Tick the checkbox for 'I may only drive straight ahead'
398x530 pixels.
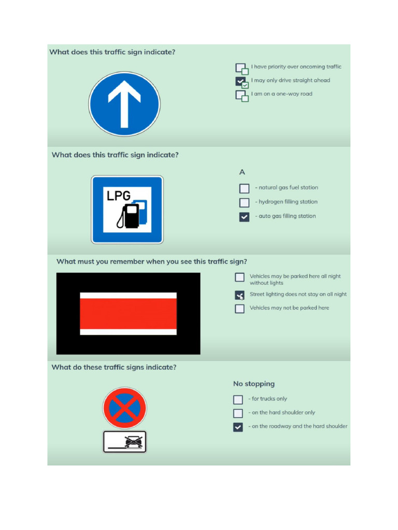pos(241,82)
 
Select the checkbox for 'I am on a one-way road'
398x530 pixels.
pos(241,96)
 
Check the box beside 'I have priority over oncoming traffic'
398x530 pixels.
pos(241,68)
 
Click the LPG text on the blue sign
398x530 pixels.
pos(119,196)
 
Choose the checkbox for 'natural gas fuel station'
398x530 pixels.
pos(244,188)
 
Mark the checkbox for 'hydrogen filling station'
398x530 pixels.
pos(244,202)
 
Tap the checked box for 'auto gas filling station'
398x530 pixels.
pos(244,217)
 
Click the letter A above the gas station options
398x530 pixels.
pos(242,172)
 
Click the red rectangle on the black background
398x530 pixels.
pos(128,314)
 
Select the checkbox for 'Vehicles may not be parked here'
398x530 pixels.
pos(239,308)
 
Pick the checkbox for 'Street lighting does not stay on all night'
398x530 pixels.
pos(239,295)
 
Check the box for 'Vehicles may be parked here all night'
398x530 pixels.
pos(239,277)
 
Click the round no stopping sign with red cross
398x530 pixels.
pos(124,408)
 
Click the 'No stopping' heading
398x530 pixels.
pos(254,384)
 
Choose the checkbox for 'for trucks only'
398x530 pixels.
pos(238,400)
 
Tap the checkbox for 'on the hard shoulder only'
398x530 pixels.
pos(238,413)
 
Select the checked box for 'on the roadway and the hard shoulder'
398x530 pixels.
pos(238,427)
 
